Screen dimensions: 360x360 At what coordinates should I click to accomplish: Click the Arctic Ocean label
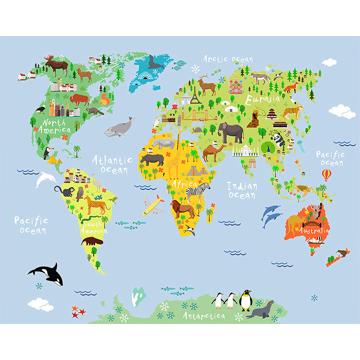[x=228, y=59]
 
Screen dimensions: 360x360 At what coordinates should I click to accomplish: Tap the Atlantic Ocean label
[x=112, y=165]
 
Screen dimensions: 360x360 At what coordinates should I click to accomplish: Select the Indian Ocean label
[x=242, y=190]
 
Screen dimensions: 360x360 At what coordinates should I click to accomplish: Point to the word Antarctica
[x=204, y=316]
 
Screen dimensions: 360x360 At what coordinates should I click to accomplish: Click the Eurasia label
[x=262, y=99]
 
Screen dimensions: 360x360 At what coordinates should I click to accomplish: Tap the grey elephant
[x=231, y=133]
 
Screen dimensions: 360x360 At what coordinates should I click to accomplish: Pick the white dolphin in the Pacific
[x=45, y=180]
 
